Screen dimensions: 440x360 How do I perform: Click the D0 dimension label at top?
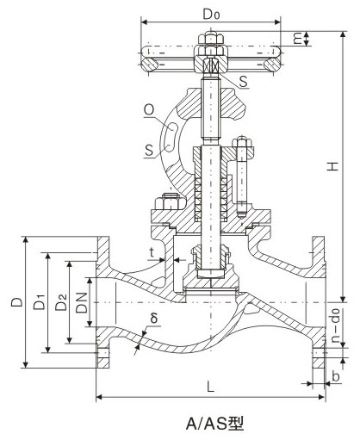(209, 14)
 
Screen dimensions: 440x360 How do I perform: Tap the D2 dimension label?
(60, 302)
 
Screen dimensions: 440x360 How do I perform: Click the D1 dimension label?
(39, 303)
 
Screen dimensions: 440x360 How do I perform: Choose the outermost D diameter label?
(16, 302)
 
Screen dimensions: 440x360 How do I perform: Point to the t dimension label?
(152, 253)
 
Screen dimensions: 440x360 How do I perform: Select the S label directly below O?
(149, 152)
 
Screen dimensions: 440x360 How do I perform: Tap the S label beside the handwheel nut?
(245, 80)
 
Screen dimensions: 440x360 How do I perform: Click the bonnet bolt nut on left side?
(163, 205)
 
